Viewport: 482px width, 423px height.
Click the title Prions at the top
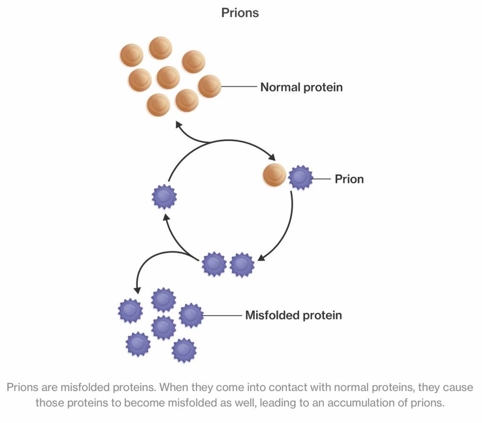pos(240,13)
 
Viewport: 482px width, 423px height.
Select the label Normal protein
pos(301,87)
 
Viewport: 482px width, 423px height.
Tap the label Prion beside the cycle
pos(349,179)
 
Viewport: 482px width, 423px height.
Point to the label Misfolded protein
pos(293,315)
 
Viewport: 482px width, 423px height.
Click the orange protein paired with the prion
pos(274,176)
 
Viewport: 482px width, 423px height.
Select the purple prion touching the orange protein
pos(300,178)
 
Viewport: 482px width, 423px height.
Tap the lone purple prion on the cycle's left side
pos(164,196)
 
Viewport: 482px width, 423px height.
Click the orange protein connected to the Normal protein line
pos(209,87)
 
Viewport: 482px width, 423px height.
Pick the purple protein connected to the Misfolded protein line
pos(191,315)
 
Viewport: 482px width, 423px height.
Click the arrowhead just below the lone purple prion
pos(165,217)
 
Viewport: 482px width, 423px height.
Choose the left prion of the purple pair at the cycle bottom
pos(214,264)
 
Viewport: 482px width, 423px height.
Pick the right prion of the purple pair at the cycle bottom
pos(242,265)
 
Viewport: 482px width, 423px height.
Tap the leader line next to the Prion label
pos(322,179)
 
